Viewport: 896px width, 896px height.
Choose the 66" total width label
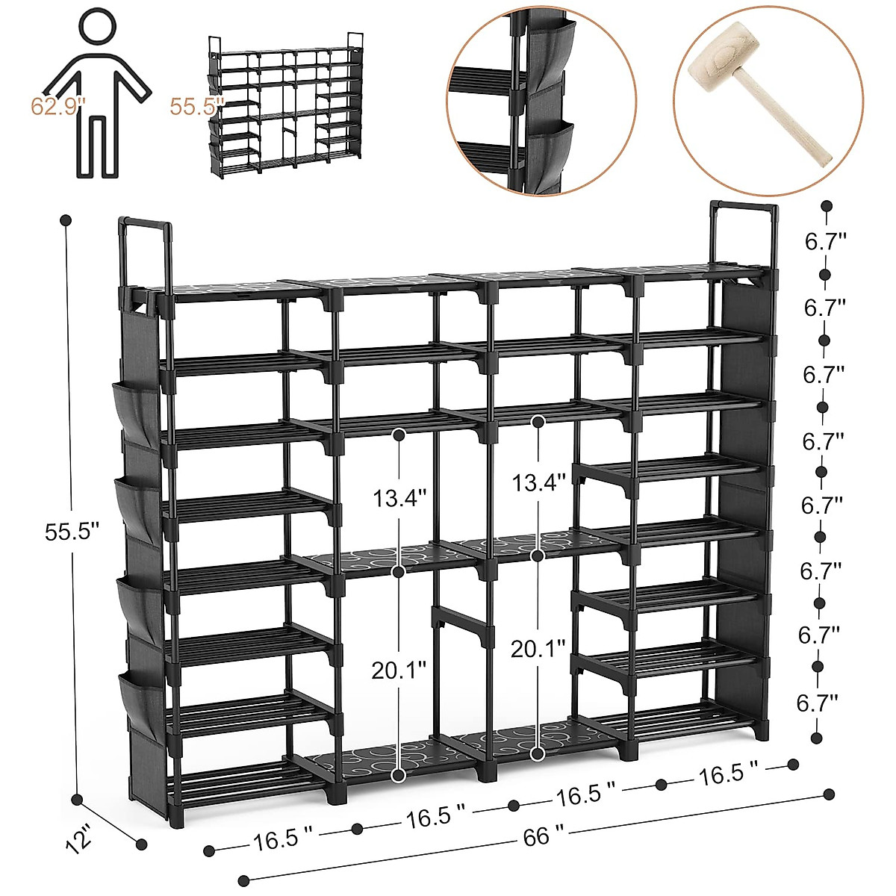tap(537, 836)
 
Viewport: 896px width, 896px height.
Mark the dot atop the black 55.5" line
tap(66, 221)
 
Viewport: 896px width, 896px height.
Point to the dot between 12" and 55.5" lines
tap(76, 800)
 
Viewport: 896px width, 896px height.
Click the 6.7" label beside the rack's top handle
tap(825, 242)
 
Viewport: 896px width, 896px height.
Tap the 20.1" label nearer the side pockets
tap(399, 670)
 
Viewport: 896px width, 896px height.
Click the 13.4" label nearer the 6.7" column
tap(538, 483)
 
